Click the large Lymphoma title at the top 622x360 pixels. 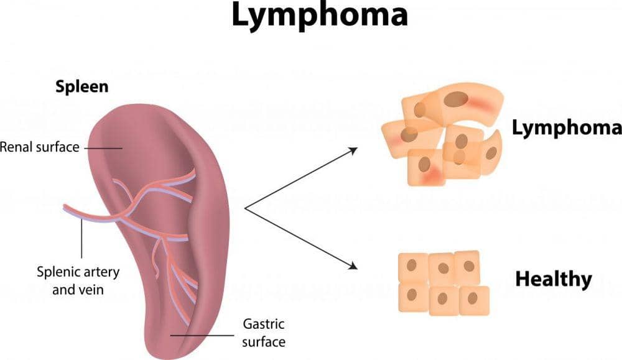click(x=320, y=17)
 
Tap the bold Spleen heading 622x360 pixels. click(x=81, y=86)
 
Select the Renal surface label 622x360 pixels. click(x=40, y=147)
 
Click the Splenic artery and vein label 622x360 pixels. click(x=78, y=280)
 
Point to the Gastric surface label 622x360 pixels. click(x=263, y=333)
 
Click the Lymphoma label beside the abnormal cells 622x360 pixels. click(x=566, y=128)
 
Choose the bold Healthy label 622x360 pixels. click(x=554, y=279)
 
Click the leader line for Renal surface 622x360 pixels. click(x=102, y=148)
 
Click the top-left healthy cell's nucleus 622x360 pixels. click(x=412, y=264)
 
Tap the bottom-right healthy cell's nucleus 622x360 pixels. click(x=473, y=297)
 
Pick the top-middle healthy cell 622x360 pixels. click(x=442, y=267)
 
